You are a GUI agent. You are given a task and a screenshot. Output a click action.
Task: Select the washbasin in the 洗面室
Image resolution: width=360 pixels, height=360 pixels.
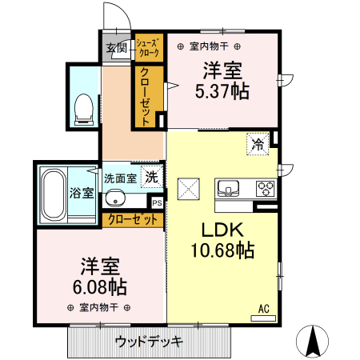click(117, 199)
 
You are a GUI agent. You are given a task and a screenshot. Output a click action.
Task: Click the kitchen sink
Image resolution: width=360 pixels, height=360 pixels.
click(230, 189)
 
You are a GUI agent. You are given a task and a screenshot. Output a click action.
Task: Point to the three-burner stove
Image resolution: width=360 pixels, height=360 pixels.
click(265, 189)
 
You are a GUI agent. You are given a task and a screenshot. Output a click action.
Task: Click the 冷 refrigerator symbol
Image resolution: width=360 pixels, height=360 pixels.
click(258, 144)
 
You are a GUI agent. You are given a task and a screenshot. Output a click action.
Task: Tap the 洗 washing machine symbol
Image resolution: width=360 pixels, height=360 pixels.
click(150, 177)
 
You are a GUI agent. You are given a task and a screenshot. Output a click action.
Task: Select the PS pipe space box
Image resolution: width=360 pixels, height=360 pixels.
click(157, 202)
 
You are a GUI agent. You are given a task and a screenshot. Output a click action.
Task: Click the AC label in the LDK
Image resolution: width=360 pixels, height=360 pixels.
click(262, 308)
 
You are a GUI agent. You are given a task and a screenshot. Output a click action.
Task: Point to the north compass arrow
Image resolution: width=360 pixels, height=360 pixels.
click(314, 342)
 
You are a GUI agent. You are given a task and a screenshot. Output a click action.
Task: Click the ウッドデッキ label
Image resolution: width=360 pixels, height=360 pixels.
click(149, 342)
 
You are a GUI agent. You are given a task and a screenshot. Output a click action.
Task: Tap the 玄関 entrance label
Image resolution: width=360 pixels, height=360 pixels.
click(117, 49)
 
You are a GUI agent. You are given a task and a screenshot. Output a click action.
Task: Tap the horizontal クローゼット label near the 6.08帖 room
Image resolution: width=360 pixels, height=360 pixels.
click(130, 219)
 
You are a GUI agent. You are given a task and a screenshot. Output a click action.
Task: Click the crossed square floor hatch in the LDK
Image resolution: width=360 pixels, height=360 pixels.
click(190, 189)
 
